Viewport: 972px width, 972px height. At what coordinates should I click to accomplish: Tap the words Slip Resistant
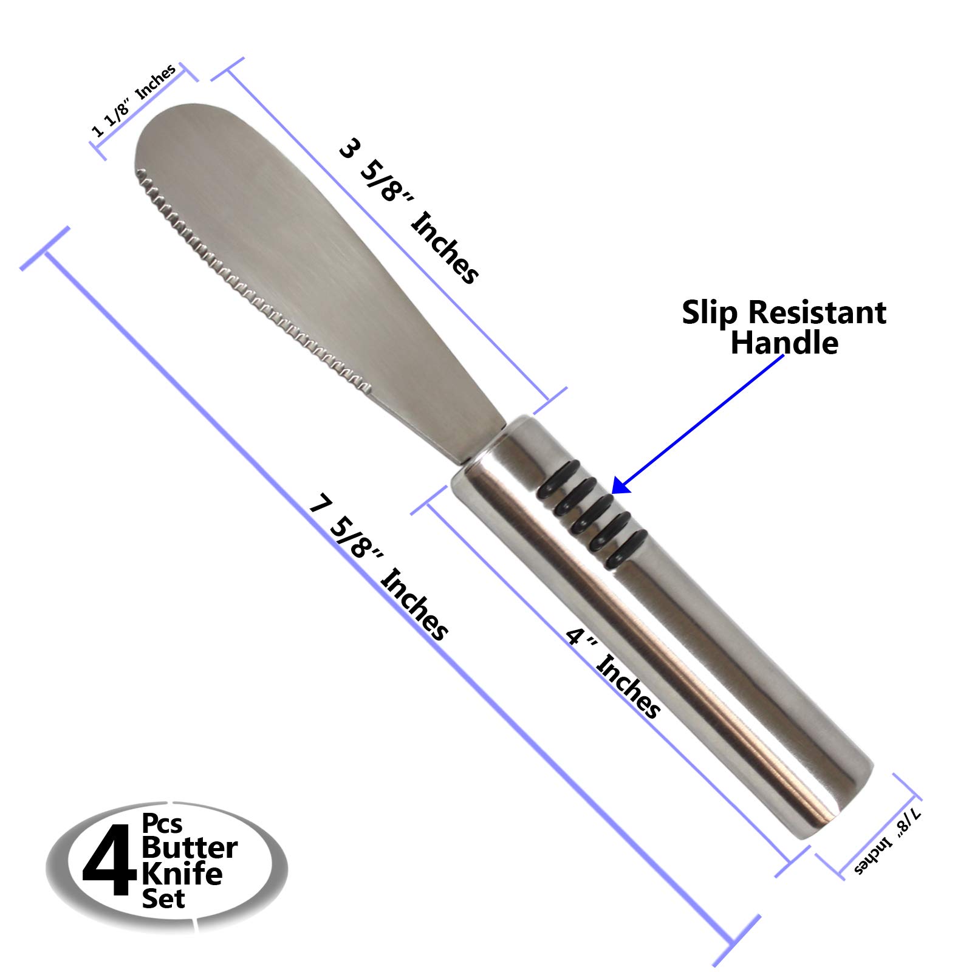click(784, 313)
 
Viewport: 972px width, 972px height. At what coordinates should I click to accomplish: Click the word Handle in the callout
click(784, 343)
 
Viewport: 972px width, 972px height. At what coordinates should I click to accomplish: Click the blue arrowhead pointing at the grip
click(620, 485)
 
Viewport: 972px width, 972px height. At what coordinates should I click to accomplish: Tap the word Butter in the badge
click(190, 848)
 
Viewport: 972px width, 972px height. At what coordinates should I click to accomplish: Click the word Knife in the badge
click(182, 874)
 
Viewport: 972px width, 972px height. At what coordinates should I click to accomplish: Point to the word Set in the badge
click(163, 898)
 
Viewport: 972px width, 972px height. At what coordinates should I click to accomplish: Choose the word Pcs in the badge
click(162, 824)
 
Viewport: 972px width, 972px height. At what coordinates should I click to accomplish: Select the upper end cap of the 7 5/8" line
click(45, 249)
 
